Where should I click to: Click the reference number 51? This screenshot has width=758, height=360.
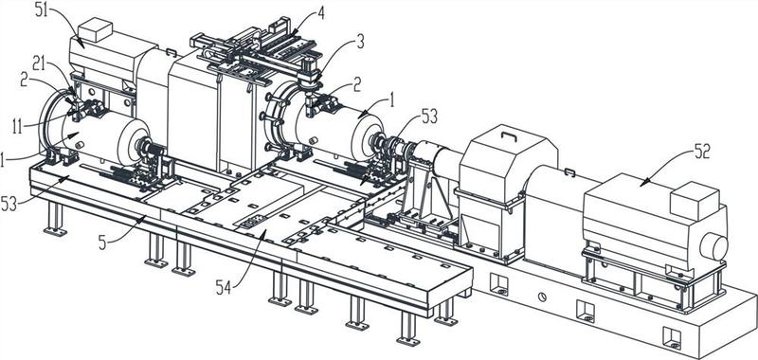point(43,10)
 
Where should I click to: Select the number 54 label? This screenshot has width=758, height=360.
point(225,290)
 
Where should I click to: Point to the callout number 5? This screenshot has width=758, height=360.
point(102,243)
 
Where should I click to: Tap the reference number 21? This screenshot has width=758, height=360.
point(41,62)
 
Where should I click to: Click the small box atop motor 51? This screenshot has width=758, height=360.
point(96,29)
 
